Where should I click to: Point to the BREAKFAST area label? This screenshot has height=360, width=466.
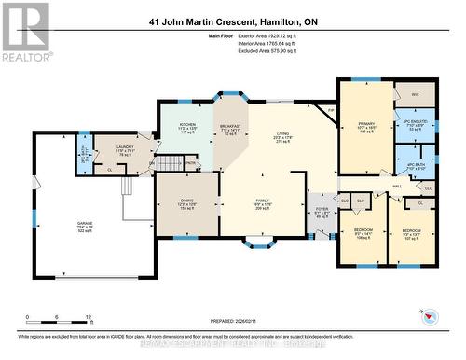point(230,126)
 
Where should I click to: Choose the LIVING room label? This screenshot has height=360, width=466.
point(281,135)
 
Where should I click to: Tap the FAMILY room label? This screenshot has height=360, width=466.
point(263,201)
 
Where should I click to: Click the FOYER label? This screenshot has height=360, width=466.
point(322,209)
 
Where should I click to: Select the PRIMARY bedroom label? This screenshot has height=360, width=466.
point(365,122)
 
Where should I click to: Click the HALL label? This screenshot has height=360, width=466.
point(396,187)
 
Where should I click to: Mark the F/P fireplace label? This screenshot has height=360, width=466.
point(330,110)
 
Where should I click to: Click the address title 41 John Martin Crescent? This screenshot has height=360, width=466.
point(232,20)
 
